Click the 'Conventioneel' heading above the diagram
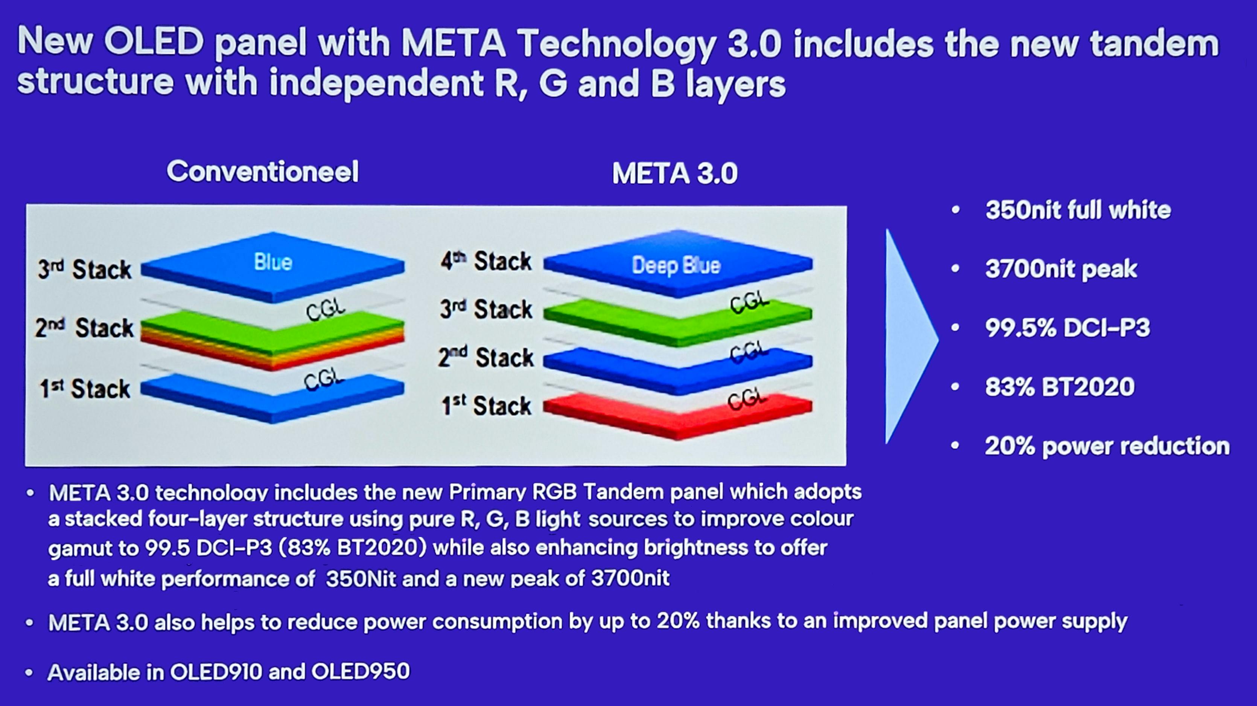pos(263,171)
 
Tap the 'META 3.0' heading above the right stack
pos(675,173)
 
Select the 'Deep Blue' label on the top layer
pos(676,265)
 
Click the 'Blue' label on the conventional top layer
pos(273,262)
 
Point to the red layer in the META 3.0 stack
pos(678,415)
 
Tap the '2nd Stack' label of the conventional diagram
pos(84,327)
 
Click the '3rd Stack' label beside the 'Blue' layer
pos(85,269)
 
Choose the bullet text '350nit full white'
pos(1078,210)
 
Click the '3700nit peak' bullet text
pos(1061,269)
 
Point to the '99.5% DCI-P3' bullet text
pos(1068,328)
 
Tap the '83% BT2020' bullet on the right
pos(1060,387)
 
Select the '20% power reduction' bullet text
pos(1107,446)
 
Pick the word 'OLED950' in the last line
pos(361,671)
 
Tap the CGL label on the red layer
pos(747,400)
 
